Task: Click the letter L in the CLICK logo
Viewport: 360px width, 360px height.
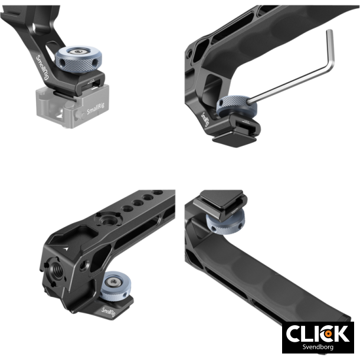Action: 309,333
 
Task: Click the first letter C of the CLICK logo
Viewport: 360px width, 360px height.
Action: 295,333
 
